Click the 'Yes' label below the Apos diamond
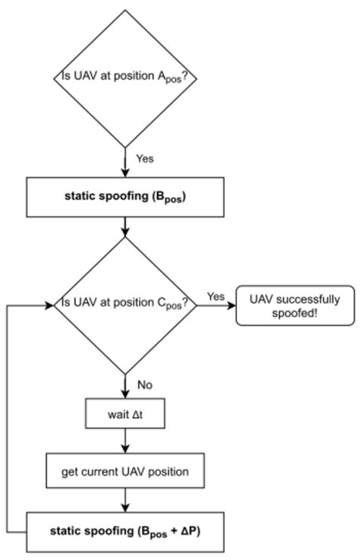144,159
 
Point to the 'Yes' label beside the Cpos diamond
216,296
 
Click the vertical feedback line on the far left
7,418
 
